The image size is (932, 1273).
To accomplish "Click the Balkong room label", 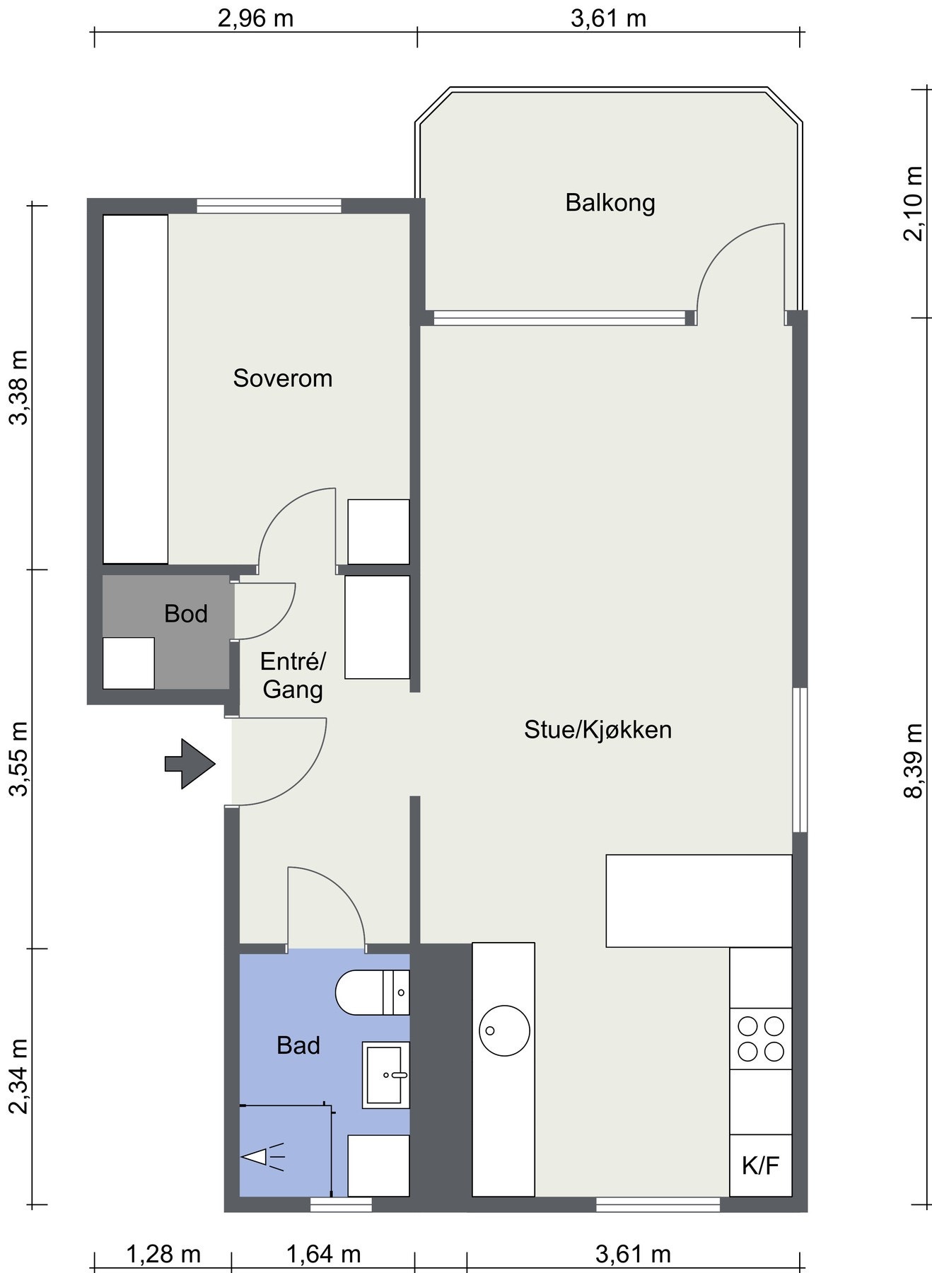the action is click(x=610, y=203).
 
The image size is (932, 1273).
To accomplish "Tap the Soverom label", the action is click(x=283, y=378).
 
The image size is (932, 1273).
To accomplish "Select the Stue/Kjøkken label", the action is click(x=598, y=729).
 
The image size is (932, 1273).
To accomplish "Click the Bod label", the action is click(x=186, y=613).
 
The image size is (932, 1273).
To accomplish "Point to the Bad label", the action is click(x=298, y=1045).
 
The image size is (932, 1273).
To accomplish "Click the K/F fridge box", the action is click(x=761, y=1166).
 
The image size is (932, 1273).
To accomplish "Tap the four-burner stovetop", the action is click(x=761, y=1038).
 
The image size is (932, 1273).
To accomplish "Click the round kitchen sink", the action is click(x=504, y=1030).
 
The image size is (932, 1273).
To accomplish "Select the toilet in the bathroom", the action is click(x=372, y=992).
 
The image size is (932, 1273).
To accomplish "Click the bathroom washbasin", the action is click(x=386, y=1075).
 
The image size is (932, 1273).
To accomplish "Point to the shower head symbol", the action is click(x=262, y=1158).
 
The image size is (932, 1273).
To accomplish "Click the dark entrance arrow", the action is click(x=190, y=764).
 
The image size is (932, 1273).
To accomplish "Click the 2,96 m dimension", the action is click(x=255, y=18).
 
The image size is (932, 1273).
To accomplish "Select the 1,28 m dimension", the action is click(x=163, y=1254).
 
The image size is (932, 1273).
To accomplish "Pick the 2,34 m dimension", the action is click(x=19, y=1076).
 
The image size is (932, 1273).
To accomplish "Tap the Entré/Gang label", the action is click(x=293, y=675).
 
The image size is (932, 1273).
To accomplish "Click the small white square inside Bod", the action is click(x=129, y=663).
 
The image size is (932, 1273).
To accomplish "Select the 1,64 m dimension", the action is click(x=323, y=1254).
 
